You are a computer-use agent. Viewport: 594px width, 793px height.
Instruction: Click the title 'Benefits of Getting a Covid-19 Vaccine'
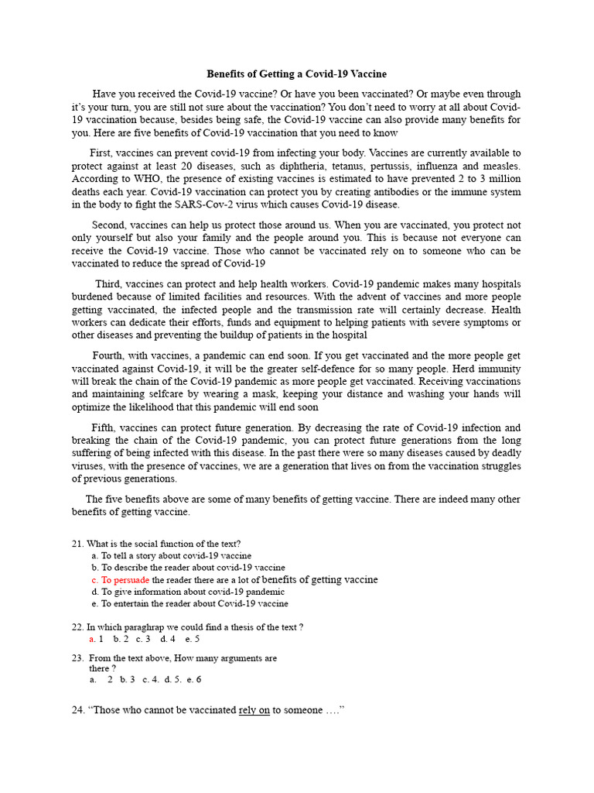pos(296,74)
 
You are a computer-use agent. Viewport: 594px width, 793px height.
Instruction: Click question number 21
pos(77,544)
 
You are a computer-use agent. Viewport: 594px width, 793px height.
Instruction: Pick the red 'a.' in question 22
pos(92,639)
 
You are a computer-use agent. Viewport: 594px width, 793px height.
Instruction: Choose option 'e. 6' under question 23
pos(193,679)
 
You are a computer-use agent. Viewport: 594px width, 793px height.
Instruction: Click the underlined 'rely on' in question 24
pos(254,710)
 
